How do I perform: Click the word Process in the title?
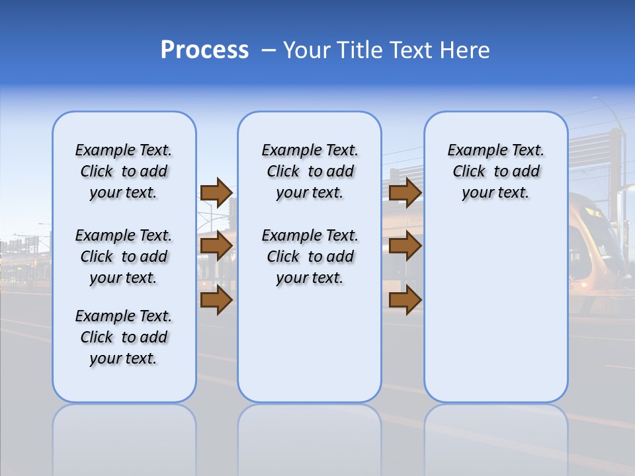(204, 50)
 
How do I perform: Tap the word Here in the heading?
(465, 50)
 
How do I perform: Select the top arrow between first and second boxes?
(216, 192)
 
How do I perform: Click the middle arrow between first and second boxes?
(216, 246)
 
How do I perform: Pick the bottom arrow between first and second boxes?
(216, 299)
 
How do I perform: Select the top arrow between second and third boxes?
(405, 192)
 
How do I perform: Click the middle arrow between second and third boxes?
(405, 246)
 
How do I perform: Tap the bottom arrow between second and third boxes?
(405, 299)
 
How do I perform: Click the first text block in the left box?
(124, 171)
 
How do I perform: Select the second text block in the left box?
(124, 257)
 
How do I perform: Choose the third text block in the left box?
(124, 337)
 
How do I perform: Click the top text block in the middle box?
(310, 171)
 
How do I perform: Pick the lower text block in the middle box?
(310, 257)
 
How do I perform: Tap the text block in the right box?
(495, 171)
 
